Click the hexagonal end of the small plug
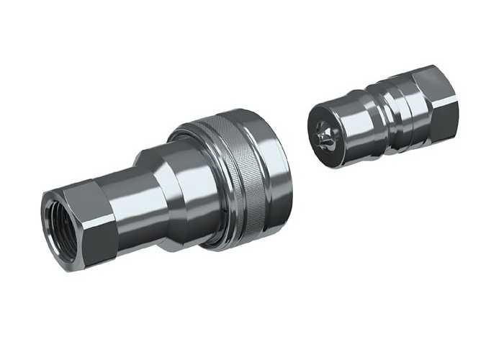point(439,101)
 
